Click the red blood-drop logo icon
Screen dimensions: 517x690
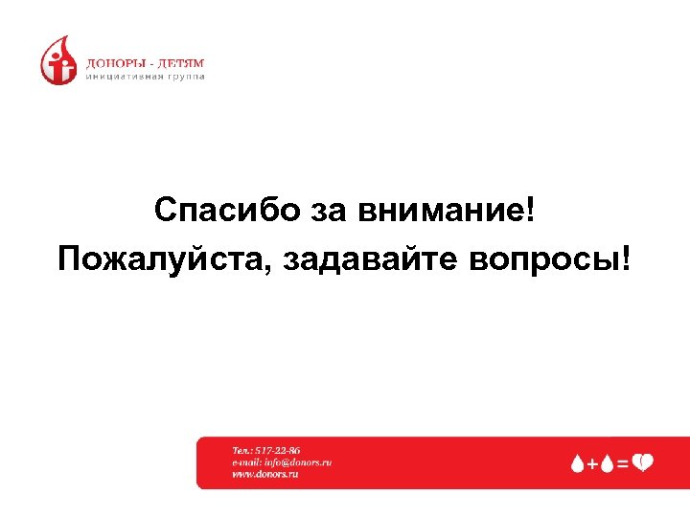click(57, 60)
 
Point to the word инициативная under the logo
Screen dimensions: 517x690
click(121, 77)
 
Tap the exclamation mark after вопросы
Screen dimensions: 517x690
click(627, 258)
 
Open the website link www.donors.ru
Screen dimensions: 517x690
click(266, 474)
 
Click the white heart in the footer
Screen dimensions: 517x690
click(642, 463)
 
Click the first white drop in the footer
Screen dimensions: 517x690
click(577, 463)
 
